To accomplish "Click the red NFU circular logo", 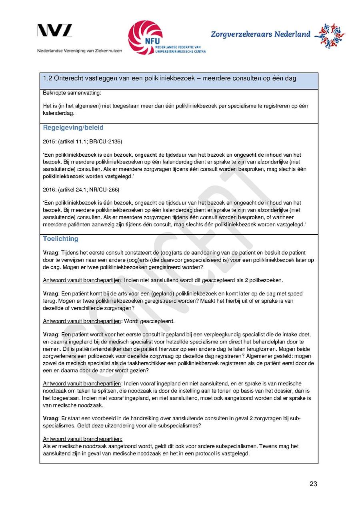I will point(145,37).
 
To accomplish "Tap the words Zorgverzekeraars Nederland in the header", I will point(260,34).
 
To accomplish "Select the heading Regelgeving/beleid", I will point(73,128).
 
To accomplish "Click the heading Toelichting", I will point(60,239).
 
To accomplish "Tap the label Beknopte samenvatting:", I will point(67,93).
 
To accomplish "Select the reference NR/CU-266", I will point(106,189).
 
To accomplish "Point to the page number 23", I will point(313,484).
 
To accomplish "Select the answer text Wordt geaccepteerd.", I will point(149,321).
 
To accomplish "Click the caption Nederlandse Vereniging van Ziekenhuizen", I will point(80,51).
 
